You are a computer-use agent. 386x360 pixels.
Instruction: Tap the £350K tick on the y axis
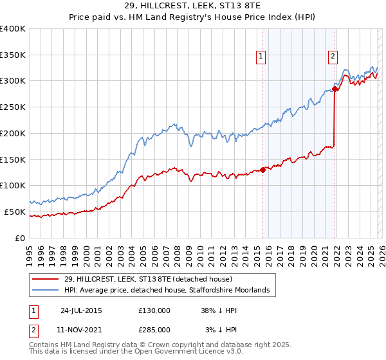tap(13, 55)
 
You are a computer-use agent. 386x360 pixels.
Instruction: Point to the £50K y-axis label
tap(15, 212)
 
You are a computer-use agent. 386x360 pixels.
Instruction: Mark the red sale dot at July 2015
tap(263, 170)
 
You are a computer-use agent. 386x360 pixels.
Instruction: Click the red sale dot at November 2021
tap(335, 89)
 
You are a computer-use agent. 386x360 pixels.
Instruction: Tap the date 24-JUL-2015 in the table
tap(81, 310)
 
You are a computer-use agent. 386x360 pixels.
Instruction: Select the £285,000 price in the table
tap(154, 329)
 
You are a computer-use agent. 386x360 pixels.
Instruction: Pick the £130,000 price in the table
tap(154, 310)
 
